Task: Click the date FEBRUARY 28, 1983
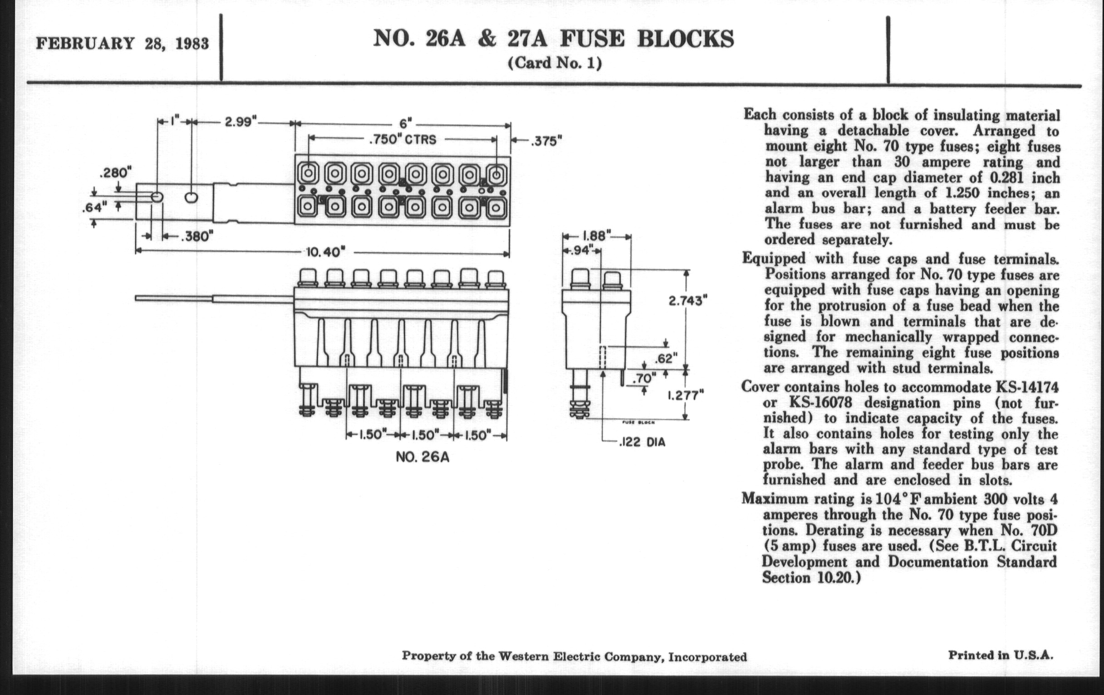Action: tap(123, 44)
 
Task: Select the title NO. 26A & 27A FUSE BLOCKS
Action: tap(553, 39)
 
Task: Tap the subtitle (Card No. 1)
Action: tap(554, 63)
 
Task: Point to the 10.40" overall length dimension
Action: tap(325, 252)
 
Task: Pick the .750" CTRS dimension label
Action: tap(403, 139)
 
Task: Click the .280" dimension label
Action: tap(115, 174)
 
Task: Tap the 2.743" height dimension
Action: tap(687, 301)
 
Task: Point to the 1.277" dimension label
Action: tap(685, 395)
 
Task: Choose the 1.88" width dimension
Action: tap(596, 236)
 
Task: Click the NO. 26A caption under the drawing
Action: tap(422, 458)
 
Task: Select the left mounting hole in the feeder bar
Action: tap(157, 197)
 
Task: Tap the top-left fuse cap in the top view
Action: tap(308, 174)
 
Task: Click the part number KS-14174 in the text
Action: tap(1027, 387)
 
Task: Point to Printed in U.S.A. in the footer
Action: tap(1000, 655)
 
